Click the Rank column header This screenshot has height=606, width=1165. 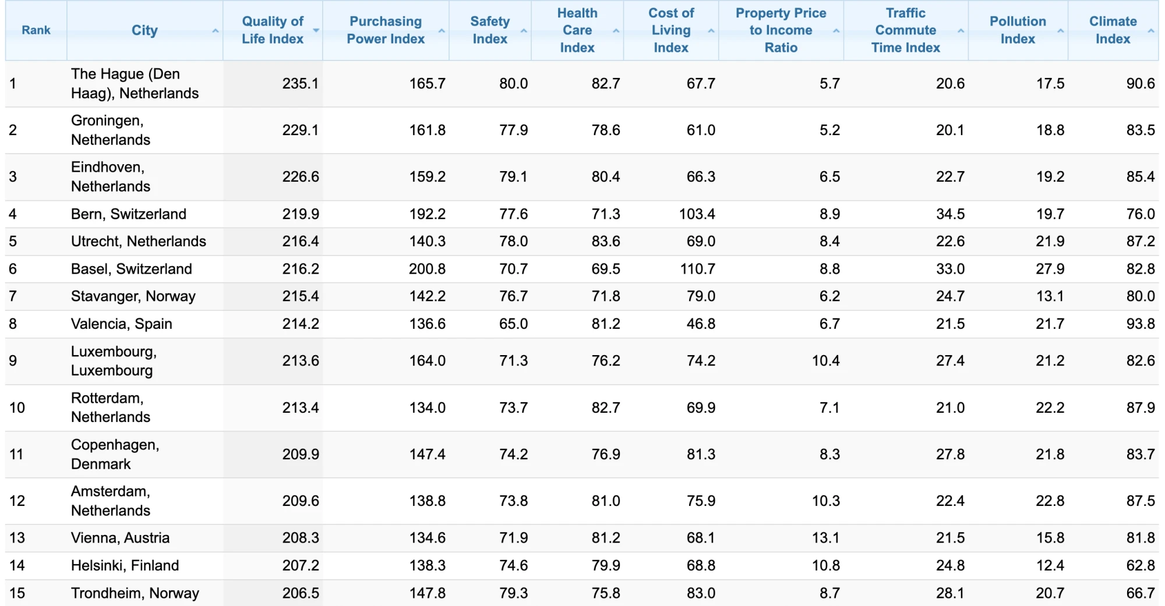36,30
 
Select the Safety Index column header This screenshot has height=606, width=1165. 490,30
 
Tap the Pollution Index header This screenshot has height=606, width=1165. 1018,30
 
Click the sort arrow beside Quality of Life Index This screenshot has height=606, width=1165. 316,30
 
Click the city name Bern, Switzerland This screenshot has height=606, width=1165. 129,214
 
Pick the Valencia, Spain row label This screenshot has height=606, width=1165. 122,324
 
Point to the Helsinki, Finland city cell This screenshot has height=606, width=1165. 125,565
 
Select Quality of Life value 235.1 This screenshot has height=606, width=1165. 301,83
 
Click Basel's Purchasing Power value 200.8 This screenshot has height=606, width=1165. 427,269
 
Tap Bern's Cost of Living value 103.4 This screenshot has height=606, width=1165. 697,214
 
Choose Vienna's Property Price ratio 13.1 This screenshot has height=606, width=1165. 826,538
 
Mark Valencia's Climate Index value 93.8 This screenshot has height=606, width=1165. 1141,324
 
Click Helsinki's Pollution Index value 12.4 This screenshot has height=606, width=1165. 1050,565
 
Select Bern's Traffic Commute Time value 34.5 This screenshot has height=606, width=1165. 951,214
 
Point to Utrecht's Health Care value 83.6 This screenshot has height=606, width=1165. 606,242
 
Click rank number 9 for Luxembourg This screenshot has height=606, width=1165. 13,361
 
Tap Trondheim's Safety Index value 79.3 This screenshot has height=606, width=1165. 513,593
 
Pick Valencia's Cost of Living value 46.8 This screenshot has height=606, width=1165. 701,324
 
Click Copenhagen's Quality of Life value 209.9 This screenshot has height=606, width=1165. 301,454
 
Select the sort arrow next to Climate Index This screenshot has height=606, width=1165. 1150,30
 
